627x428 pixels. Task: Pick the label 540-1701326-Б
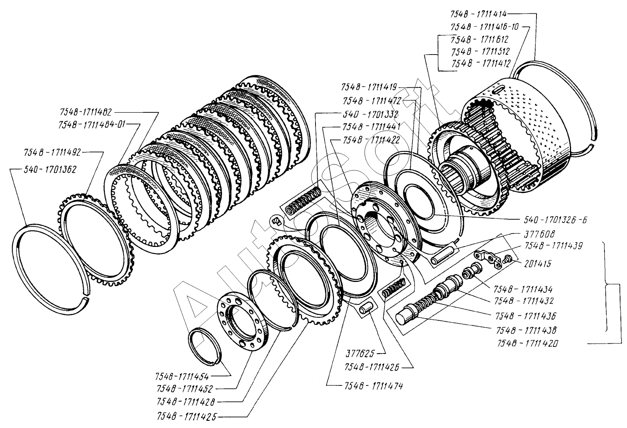coord(555,220)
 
